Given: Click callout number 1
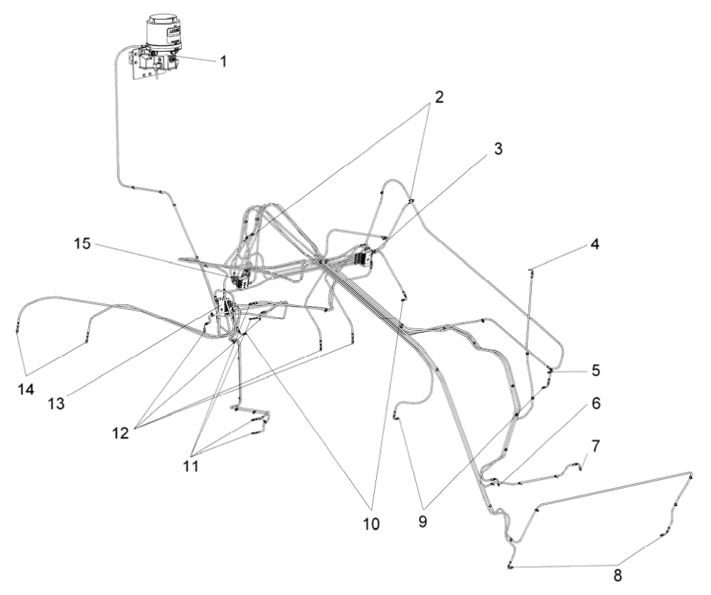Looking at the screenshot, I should (223, 62).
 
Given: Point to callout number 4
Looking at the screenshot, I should (594, 245).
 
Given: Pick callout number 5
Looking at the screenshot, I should (596, 370).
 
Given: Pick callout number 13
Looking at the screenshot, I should (56, 403).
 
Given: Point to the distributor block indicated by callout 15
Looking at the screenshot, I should (238, 274).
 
